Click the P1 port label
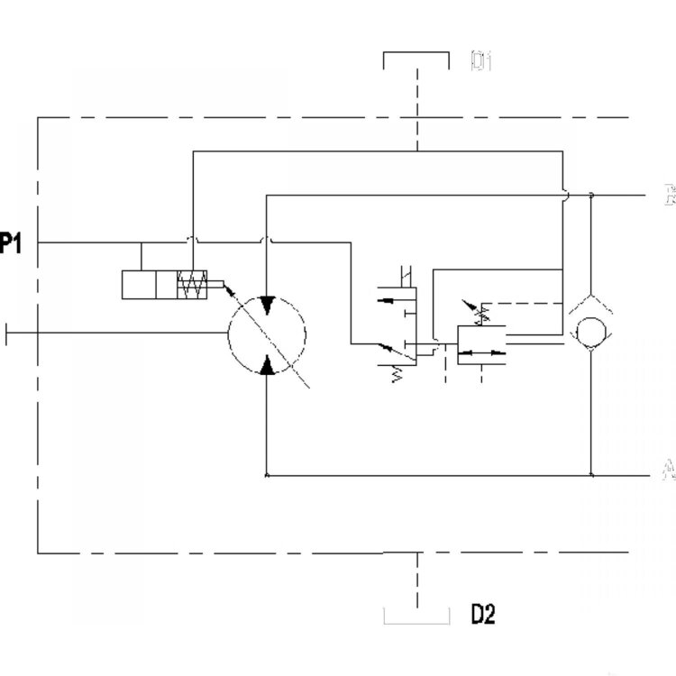coord(10,243)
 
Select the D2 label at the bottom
coord(483,615)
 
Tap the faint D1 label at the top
coord(480,61)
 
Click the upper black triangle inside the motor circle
coord(267,306)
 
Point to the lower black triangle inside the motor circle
coord(267,363)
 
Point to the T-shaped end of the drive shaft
coord(7,333)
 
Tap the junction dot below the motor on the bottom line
coord(267,473)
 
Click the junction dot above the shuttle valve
coord(590,195)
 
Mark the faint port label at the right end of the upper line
coord(668,195)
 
